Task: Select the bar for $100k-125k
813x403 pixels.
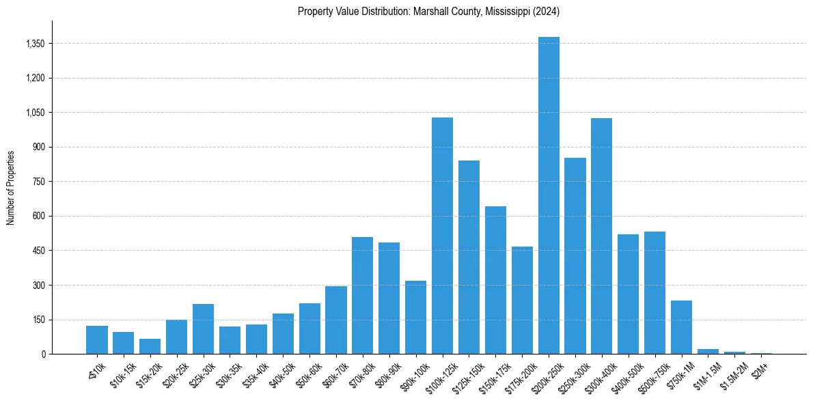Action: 442,236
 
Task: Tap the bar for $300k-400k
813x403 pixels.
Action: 602,236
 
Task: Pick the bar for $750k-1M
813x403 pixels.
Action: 682,327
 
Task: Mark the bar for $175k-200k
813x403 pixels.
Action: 522,301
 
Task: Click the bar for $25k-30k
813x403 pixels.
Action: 203,329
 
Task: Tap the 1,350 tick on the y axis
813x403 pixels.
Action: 33,44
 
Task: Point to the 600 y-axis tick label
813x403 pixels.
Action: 38,216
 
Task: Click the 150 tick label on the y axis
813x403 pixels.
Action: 38,320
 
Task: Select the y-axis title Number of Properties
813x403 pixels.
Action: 11,188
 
